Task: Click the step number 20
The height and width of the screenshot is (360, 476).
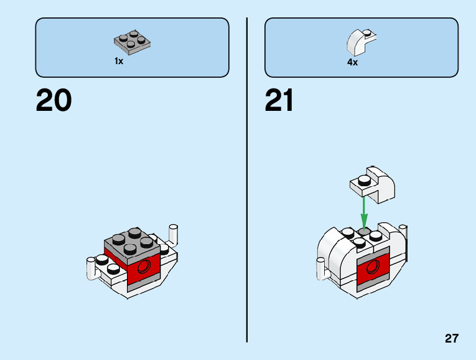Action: point(54,100)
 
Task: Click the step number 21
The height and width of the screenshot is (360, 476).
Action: point(279,100)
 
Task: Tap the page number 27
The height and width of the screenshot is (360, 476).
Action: point(452,339)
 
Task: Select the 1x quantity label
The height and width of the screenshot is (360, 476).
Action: point(119,61)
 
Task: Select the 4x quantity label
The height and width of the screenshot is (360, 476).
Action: point(352,62)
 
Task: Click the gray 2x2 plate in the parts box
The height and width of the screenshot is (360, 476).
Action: point(133,42)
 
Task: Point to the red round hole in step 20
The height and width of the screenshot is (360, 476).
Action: point(144,268)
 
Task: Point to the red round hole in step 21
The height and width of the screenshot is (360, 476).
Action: point(374,267)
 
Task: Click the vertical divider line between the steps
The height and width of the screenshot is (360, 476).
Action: point(247,180)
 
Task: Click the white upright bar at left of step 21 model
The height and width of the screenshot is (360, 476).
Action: point(321,269)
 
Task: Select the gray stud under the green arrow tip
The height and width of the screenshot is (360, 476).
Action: point(365,232)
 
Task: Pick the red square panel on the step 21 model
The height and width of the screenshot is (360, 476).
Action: point(373,268)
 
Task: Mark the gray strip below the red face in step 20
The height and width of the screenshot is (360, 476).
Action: point(145,283)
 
